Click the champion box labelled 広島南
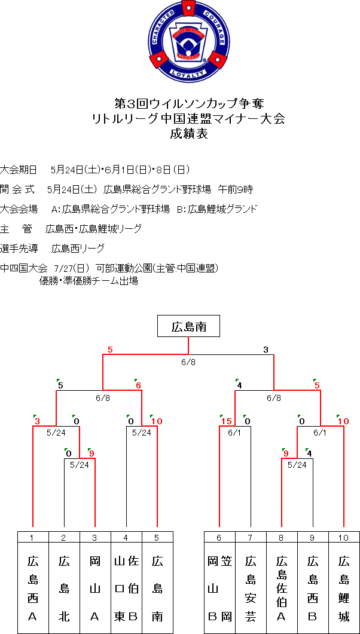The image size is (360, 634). (188, 326)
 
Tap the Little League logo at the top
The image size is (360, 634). (190, 41)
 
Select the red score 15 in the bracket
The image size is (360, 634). (226, 421)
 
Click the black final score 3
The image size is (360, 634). (266, 350)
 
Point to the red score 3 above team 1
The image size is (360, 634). (37, 421)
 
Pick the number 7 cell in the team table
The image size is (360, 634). (251, 537)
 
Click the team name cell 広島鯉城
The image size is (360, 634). (344, 588)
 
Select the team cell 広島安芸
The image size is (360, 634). (251, 588)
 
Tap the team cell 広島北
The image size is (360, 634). (64, 588)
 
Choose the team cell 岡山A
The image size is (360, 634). (95, 588)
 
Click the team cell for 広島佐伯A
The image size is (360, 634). (282, 588)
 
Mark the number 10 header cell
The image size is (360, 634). (344, 537)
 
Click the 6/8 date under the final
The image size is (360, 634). (188, 362)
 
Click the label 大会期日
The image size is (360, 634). (19, 169)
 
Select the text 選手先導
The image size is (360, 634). (19, 248)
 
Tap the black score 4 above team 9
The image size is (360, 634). (309, 454)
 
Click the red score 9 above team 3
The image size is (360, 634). (91, 454)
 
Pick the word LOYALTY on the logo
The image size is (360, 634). (190, 73)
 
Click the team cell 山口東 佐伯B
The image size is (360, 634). (126, 588)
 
